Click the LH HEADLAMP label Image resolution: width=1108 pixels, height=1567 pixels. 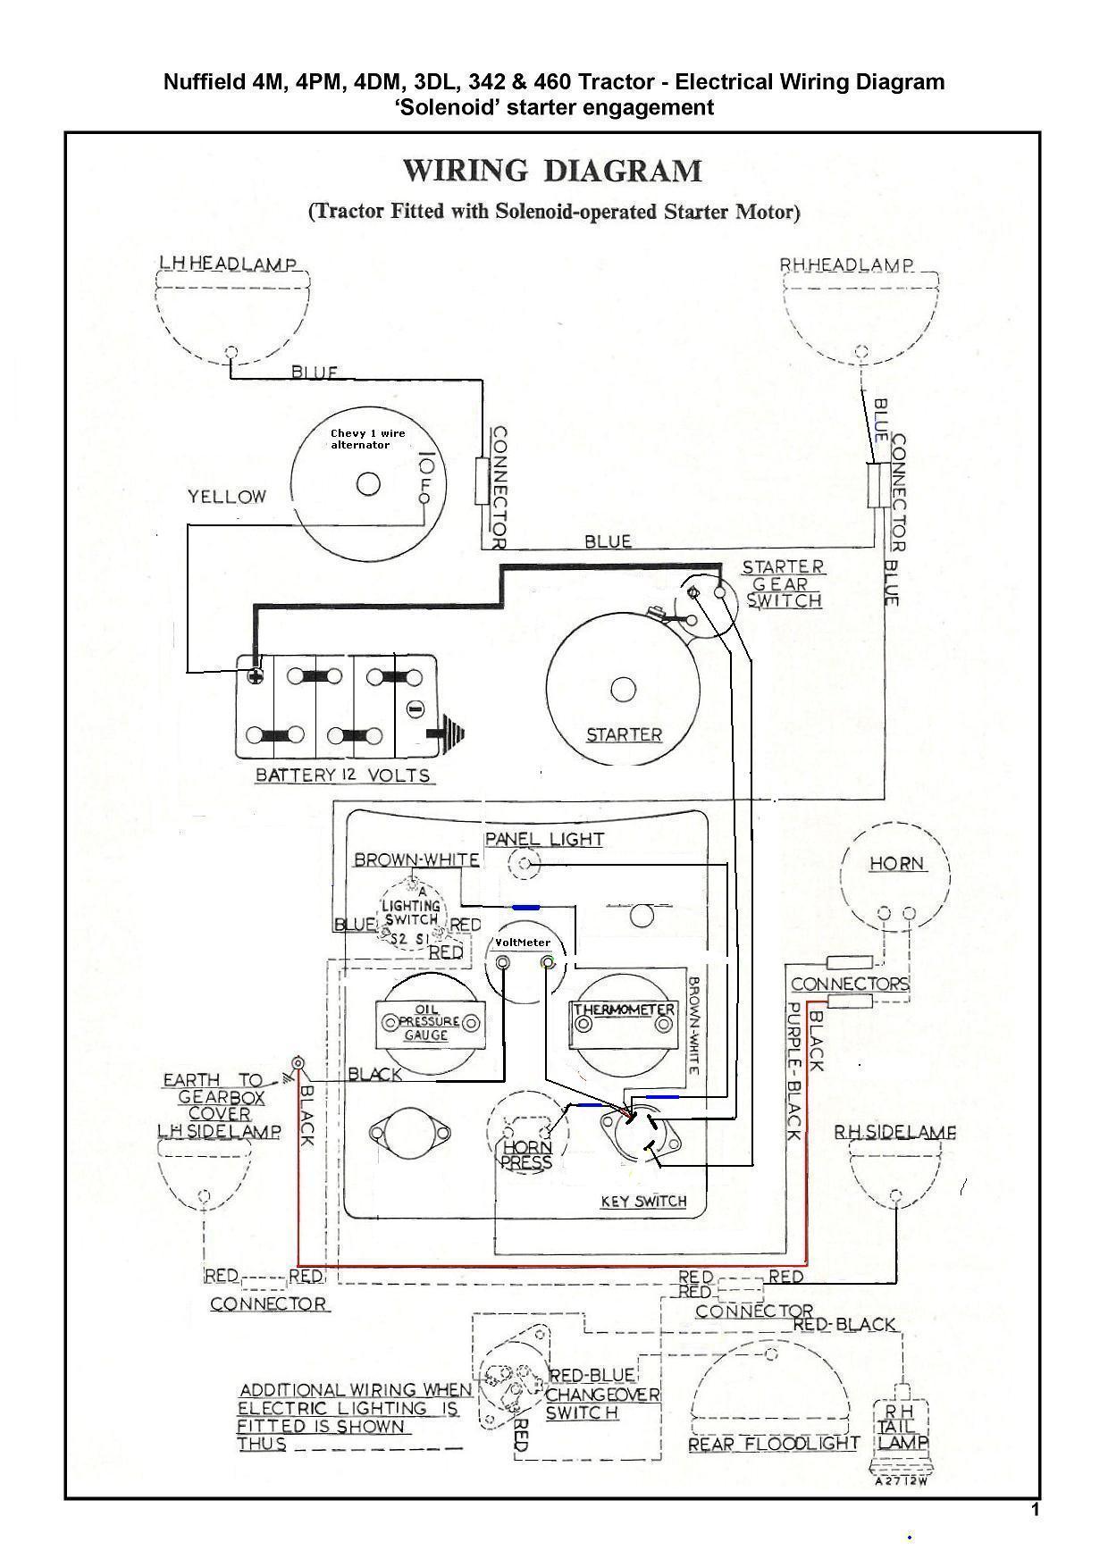[x=227, y=264]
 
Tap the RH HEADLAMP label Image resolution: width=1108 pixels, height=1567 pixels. [x=847, y=265]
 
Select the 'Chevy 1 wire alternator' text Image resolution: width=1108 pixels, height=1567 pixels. [x=367, y=439]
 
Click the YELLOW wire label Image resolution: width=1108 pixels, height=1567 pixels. [x=226, y=497]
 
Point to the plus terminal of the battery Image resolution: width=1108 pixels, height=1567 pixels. [x=256, y=675]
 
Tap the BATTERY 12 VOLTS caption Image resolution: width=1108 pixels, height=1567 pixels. [x=343, y=775]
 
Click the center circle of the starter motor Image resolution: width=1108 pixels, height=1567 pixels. [x=623, y=690]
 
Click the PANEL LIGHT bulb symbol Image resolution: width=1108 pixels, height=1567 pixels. [x=525, y=863]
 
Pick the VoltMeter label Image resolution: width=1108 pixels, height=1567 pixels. [x=524, y=943]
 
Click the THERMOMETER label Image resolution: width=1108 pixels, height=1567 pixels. [x=625, y=1010]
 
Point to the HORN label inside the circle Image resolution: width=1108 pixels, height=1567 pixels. [x=897, y=864]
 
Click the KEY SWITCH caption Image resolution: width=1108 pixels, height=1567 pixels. [x=643, y=1202]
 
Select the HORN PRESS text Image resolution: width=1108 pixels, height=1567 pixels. [x=527, y=1154]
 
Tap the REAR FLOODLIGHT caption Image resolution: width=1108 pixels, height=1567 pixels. [x=774, y=1445]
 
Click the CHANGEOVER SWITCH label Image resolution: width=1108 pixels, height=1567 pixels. [x=602, y=1404]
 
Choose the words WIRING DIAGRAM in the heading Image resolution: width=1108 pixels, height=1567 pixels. [x=552, y=171]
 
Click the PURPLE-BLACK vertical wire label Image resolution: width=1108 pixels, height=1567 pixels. [x=792, y=1071]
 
